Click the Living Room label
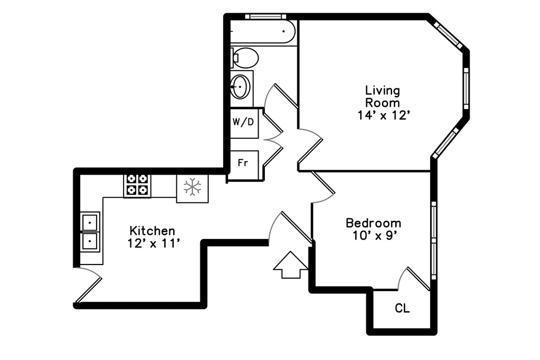(382, 96)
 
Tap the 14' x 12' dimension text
(383, 115)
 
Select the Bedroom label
(373, 223)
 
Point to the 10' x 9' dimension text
(375, 236)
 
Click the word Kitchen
(152, 231)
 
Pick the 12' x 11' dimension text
(154, 243)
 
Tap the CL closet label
(402, 309)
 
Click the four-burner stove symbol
(137, 185)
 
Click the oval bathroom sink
(241, 87)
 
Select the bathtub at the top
(263, 32)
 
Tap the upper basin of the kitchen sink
(90, 222)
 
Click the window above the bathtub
(265, 16)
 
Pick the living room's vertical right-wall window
(466, 88)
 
